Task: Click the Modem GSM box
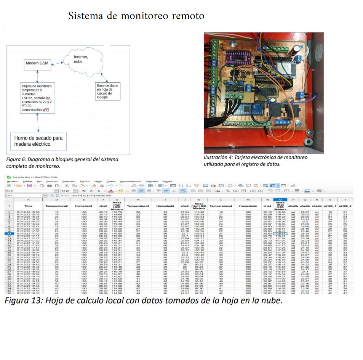tap(37, 63)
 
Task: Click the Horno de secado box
tap(38, 141)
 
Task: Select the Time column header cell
tap(28, 206)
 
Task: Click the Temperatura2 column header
tap(56, 206)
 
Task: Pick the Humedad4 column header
tap(248, 206)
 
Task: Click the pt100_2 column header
tap(345, 206)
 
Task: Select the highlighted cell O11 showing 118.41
tap(280, 233)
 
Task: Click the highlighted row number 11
tap(8, 233)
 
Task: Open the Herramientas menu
tap(130, 182)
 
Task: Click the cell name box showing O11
tap(23, 195)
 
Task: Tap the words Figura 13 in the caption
tap(22, 301)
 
